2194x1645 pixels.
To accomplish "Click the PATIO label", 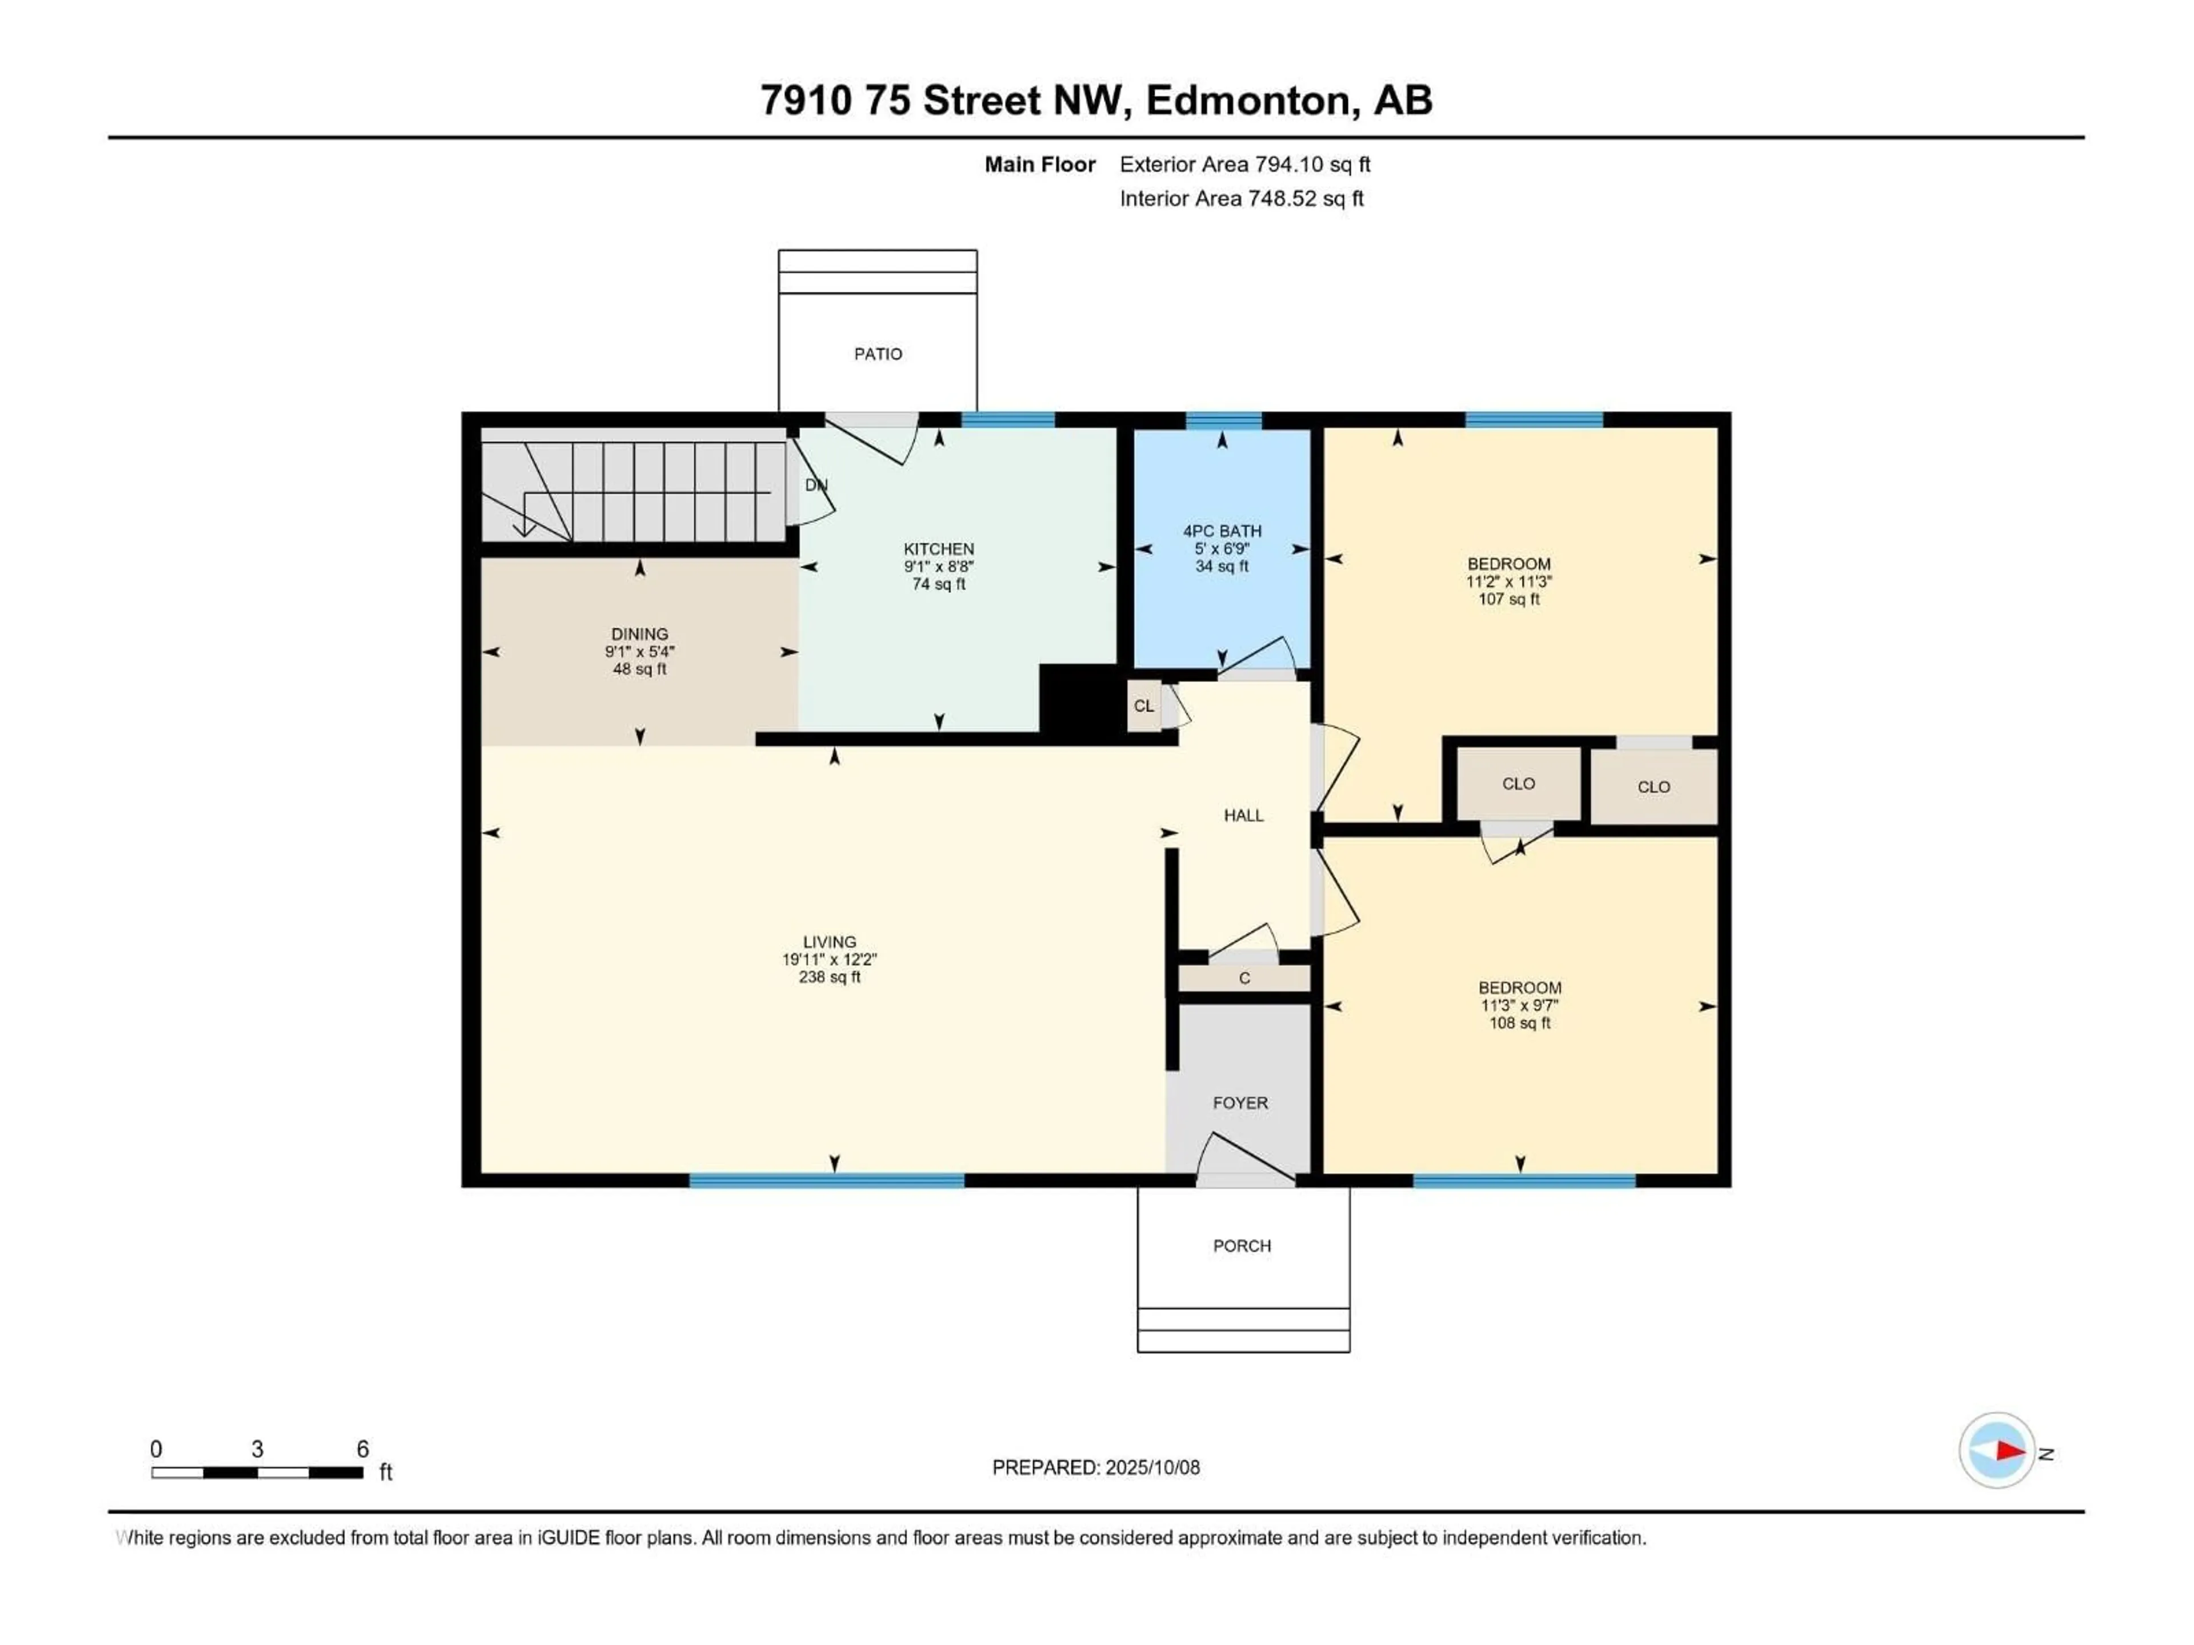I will pos(878,354).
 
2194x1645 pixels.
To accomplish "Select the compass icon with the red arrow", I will pos(1997,1451).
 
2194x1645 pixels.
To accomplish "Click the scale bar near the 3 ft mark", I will pos(257,1473).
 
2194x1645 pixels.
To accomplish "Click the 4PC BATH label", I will pos(1222,531).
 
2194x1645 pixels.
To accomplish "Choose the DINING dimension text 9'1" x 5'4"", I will pos(640,652).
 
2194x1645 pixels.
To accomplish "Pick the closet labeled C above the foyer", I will pos(1244,978).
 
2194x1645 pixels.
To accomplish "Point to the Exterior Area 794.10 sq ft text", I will pos(1245,164).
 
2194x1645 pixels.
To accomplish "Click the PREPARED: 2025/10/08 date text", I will pos(1096,1467).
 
